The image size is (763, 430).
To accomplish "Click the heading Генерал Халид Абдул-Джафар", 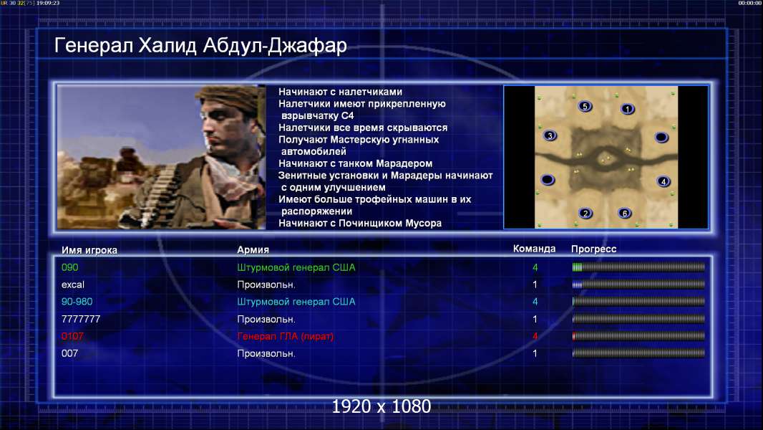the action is (x=200, y=45).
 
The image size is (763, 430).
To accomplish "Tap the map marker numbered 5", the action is (x=585, y=106).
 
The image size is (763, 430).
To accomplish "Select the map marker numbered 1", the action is (x=628, y=109).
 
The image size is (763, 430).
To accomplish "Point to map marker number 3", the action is (x=550, y=136).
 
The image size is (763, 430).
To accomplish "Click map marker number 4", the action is (x=664, y=181).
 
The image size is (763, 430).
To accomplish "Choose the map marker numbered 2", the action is (x=585, y=214).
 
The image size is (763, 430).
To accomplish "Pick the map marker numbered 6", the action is (x=625, y=214).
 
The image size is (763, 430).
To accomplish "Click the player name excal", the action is (x=73, y=285).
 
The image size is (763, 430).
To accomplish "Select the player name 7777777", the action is (x=81, y=319).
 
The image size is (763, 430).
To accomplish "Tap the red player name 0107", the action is (x=72, y=336).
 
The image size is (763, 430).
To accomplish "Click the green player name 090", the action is (x=69, y=267).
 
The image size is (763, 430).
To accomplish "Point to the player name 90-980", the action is (x=77, y=302).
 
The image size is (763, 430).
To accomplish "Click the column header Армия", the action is (x=253, y=250).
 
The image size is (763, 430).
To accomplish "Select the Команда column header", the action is (x=534, y=249).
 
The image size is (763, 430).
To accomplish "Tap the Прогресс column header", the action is (x=593, y=249).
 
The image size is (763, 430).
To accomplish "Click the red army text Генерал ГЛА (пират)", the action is (x=286, y=337).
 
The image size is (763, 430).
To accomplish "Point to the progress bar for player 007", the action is (x=638, y=353).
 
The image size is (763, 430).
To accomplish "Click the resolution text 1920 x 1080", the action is (x=381, y=406).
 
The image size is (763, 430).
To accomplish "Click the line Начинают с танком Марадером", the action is (x=356, y=163).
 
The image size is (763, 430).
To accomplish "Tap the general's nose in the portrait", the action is (x=206, y=131).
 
